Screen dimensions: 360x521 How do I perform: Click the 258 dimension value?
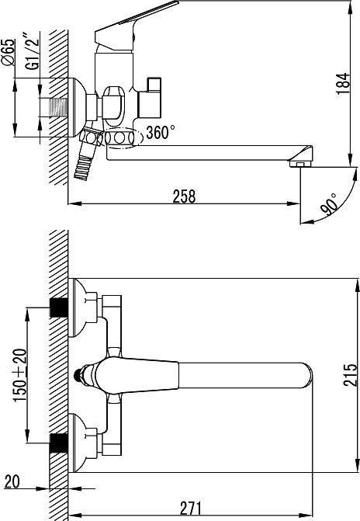(x=184, y=196)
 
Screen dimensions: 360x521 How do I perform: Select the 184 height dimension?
(x=343, y=83)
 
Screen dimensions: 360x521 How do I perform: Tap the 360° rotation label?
(x=161, y=132)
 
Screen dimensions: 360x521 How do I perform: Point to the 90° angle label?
(x=330, y=204)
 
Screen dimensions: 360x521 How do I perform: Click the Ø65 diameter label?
(x=9, y=52)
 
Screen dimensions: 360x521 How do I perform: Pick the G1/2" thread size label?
(x=33, y=50)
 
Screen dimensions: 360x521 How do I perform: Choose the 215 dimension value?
(x=351, y=375)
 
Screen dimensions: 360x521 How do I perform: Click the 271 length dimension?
(x=191, y=508)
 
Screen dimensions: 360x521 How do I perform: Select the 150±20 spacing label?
(x=19, y=375)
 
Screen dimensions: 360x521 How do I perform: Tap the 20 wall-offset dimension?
(x=12, y=481)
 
